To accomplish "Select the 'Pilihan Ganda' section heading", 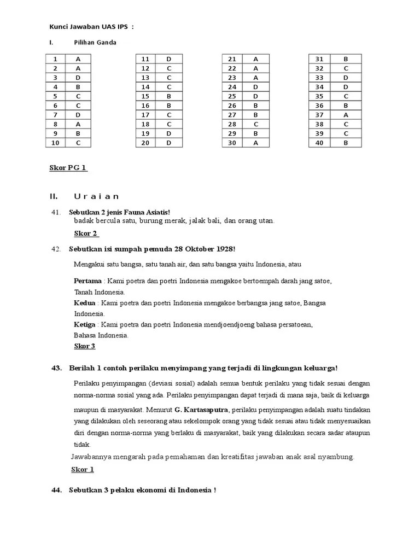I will pos(95,43).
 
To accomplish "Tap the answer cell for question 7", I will pos(78,115).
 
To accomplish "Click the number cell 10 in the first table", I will pos(55,143).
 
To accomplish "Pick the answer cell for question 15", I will pos(169,96).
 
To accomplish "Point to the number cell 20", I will pos(145,143).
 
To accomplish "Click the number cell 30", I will pos(232,143).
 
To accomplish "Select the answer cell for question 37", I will pos(346,115).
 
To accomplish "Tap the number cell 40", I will pos(319,143).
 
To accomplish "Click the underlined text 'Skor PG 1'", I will pos(68,168).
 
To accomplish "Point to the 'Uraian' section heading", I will pos(96,197).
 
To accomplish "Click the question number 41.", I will pos(55,212).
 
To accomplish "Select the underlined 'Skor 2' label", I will pos(86,234).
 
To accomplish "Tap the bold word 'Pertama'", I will pos(87,281).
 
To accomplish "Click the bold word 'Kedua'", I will pos(85,303).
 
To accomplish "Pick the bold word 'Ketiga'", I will pos(86,325).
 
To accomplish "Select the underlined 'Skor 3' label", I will pos(85,346).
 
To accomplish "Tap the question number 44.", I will pos(56,490).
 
